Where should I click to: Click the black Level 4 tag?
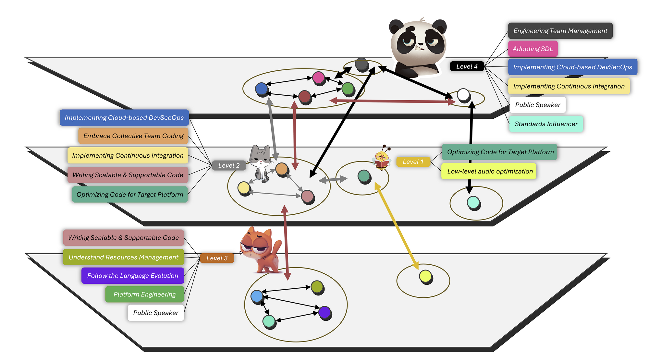click(467, 66)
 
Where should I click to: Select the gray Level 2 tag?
click(229, 165)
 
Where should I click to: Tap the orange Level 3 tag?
click(217, 258)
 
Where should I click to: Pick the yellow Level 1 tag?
click(413, 162)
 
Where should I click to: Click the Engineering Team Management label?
click(560, 31)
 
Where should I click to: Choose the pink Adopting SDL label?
click(533, 49)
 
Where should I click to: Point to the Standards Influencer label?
click(546, 124)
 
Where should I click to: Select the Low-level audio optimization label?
click(490, 171)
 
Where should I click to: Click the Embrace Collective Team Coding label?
click(133, 136)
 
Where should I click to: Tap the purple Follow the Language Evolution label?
click(132, 276)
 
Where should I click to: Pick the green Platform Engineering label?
click(144, 294)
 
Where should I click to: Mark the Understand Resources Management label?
click(123, 257)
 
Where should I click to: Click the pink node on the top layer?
click(318, 78)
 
